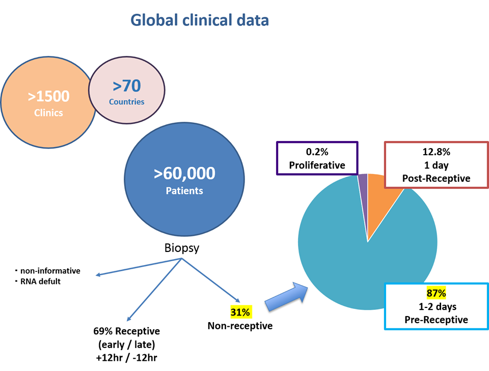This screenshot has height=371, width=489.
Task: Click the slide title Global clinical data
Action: [x=200, y=20]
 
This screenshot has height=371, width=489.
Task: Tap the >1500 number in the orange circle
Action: [x=48, y=96]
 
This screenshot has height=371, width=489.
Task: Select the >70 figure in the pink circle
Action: [x=126, y=85]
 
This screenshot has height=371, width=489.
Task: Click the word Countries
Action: [x=126, y=102]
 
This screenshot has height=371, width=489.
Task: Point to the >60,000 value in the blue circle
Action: [x=184, y=174]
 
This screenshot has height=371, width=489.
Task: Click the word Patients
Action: [x=184, y=191]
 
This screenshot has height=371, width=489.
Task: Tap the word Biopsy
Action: [x=182, y=249]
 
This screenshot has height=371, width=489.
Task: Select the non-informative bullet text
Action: [x=50, y=271]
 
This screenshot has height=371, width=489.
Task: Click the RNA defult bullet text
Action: [x=40, y=281]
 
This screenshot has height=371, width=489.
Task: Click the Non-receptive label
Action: [x=240, y=325]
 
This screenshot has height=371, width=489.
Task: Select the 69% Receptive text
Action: [x=126, y=331]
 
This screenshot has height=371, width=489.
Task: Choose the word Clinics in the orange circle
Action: [x=48, y=113]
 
